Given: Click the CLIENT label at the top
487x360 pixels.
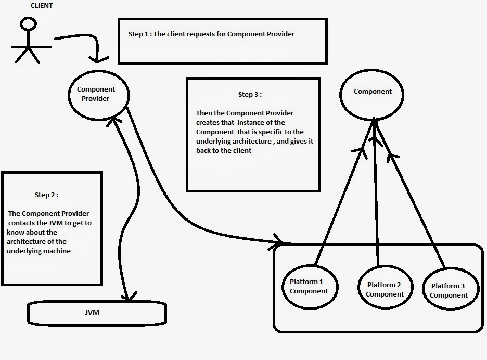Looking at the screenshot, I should [41, 6].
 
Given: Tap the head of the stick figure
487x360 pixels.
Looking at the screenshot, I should [26, 24].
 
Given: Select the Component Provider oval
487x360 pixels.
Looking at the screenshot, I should [99, 94].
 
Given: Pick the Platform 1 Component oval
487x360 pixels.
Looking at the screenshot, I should [309, 286].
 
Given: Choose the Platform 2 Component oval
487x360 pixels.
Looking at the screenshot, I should [385, 289].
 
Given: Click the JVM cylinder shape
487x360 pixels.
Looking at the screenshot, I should [96, 313].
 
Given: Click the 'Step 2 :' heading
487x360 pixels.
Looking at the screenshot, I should [46, 195].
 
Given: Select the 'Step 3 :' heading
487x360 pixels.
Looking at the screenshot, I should [250, 95].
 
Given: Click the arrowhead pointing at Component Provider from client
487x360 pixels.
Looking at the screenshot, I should [99, 59].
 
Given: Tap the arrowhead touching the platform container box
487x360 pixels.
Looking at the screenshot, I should [283, 242].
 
